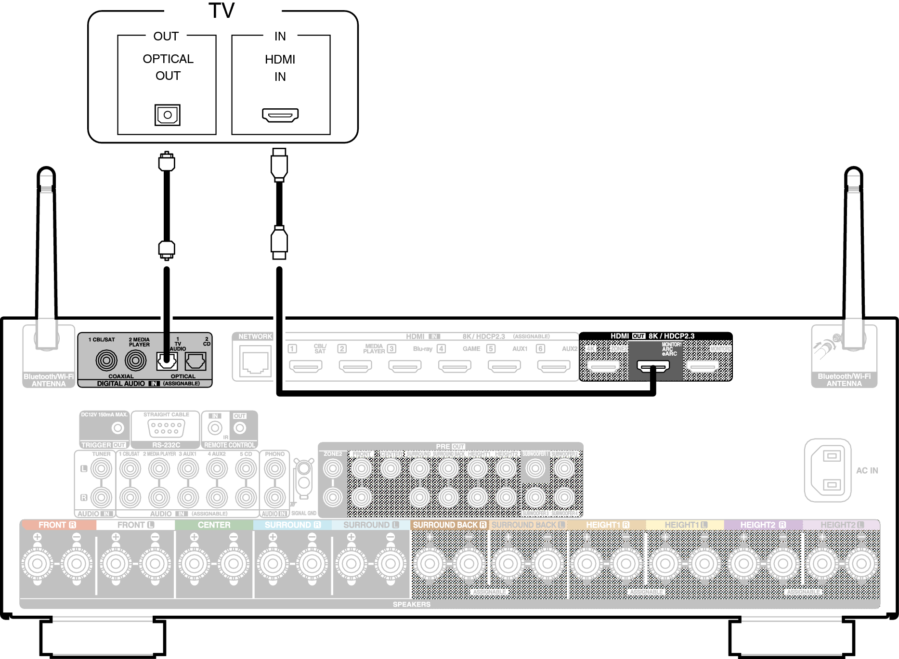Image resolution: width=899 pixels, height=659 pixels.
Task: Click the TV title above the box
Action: (x=221, y=11)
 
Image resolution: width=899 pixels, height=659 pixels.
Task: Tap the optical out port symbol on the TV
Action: (x=167, y=115)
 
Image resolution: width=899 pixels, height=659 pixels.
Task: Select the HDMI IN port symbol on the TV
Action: (x=280, y=115)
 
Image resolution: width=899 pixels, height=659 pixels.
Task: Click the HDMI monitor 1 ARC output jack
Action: (x=653, y=366)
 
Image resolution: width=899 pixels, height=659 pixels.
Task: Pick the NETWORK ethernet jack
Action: (x=255, y=362)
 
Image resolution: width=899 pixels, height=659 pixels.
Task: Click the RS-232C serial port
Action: (x=166, y=427)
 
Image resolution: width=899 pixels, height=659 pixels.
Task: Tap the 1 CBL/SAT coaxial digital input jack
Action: (x=106, y=361)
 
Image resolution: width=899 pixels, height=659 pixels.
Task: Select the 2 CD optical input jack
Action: (x=195, y=361)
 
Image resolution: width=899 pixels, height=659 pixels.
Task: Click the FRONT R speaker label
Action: (x=57, y=525)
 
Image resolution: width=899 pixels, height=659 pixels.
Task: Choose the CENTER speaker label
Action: (x=214, y=525)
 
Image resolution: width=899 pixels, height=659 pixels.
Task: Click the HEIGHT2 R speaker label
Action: (x=763, y=525)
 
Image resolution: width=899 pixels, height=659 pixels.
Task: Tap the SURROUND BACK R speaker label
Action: (x=449, y=525)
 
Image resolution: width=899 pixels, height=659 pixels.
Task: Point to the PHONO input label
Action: (x=274, y=454)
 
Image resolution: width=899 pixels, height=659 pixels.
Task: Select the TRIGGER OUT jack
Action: (x=117, y=427)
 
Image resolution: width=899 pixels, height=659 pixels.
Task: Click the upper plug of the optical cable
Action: (x=167, y=162)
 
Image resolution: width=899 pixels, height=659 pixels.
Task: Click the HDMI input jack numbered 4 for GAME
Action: (x=455, y=366)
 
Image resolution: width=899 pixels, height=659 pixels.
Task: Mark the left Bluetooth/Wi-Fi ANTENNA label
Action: (x=49, y=380)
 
